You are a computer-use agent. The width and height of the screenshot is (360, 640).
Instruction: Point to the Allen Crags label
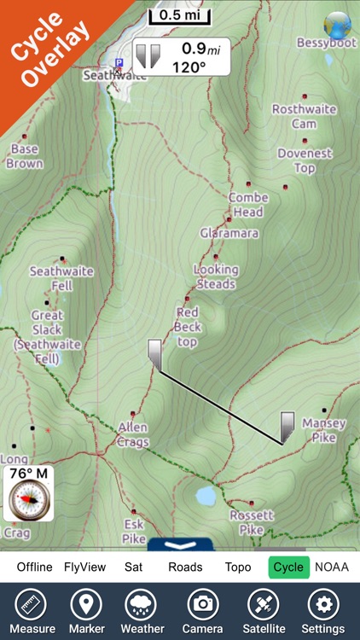133,434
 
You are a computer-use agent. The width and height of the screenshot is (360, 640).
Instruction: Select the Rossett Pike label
252,522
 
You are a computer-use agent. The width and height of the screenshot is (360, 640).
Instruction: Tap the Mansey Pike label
324,430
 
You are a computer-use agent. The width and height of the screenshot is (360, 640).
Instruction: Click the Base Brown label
25,156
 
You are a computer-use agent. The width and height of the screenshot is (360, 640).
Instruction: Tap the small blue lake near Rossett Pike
205,495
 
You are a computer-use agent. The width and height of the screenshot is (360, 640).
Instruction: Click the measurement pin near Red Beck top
154,353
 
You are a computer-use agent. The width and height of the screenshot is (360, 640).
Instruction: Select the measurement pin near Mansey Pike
287,426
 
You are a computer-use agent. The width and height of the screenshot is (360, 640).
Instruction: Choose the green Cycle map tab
288,567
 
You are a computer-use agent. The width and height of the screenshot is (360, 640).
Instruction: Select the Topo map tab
238,567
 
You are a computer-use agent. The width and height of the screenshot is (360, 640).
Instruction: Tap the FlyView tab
85,567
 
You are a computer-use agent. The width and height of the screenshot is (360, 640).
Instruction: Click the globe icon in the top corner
337,23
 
